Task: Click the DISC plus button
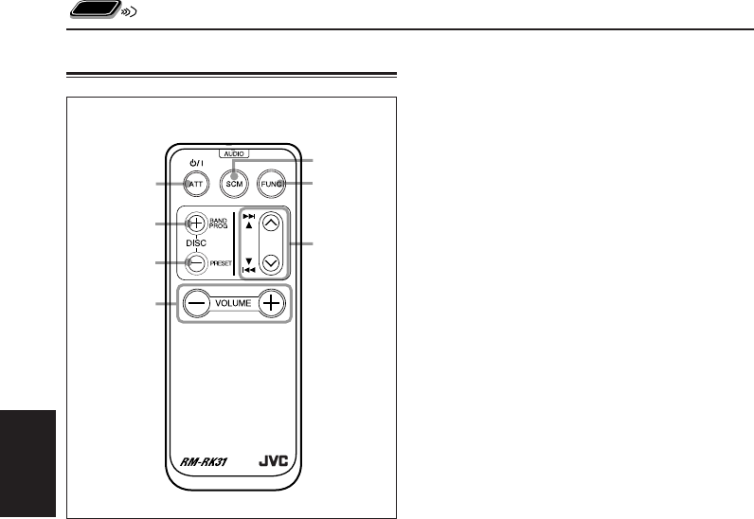(194, 224)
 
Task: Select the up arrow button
(271, 224)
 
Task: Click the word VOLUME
(233, 304)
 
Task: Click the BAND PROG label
(221, 224)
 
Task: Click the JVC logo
(271, 464)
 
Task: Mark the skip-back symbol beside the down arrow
(249, 270)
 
